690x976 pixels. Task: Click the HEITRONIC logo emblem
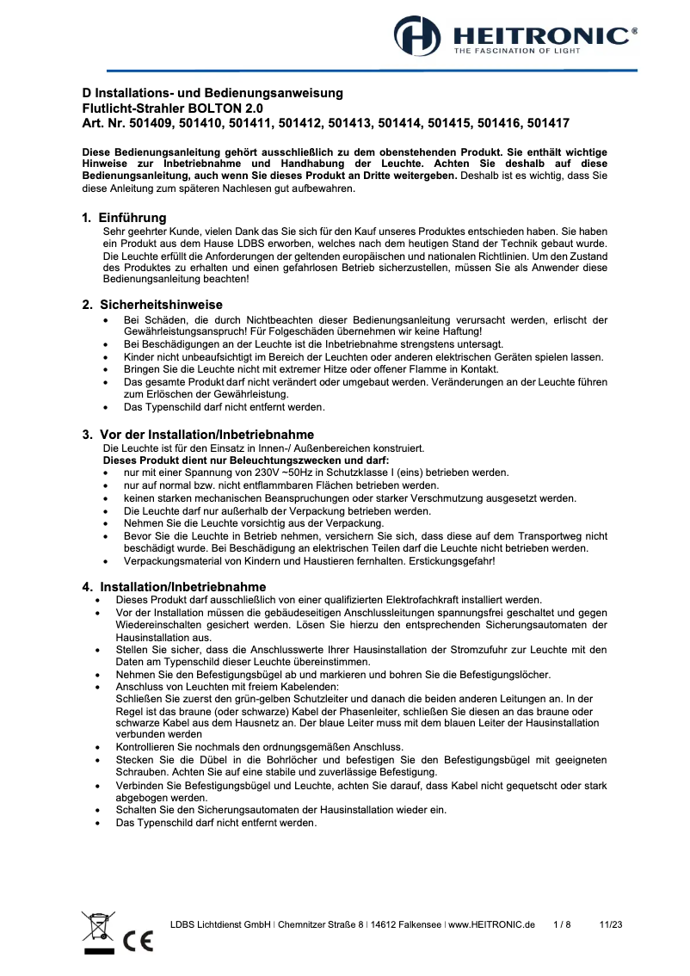tap(417, 37)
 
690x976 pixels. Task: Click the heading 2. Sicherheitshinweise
tap(152, 305)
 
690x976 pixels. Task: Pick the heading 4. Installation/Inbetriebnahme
tap(173, 586)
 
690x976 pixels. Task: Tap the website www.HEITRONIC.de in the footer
tap(491, 924)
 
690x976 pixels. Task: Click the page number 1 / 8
tap(562, 924)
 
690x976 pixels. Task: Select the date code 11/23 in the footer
tap(610, 924)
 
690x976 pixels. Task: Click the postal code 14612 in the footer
tap(384, 924)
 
